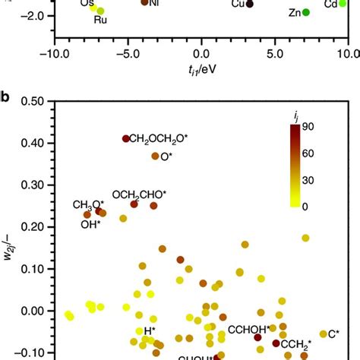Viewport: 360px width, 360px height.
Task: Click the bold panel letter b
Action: pyautogui.click(x=6, y=96)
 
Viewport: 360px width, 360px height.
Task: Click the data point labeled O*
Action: pyautogui.click(x=155, y=156)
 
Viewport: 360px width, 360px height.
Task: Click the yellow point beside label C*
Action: pyautogui.click(x=323, y=333)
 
